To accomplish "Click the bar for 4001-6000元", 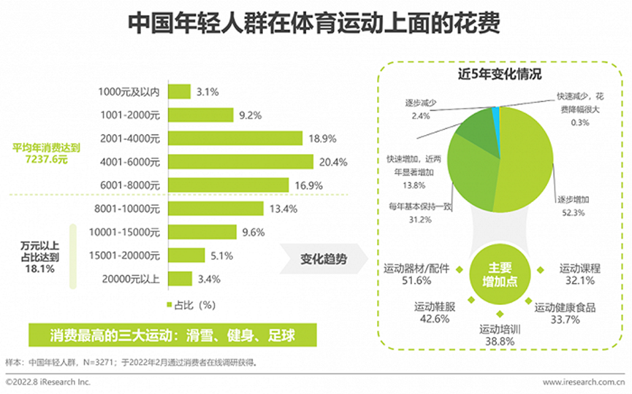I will pos(241,161).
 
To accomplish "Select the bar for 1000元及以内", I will pos(180,91).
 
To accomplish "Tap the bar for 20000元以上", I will pos(180,279).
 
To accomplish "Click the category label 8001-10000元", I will pos(130,209).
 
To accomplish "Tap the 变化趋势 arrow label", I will pos(322,259).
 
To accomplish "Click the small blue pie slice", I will pos(496,111).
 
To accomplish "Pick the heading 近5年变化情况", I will pos(500,74).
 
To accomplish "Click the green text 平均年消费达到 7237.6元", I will pos(46,154).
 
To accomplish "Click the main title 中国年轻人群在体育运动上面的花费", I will pos(315,23).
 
